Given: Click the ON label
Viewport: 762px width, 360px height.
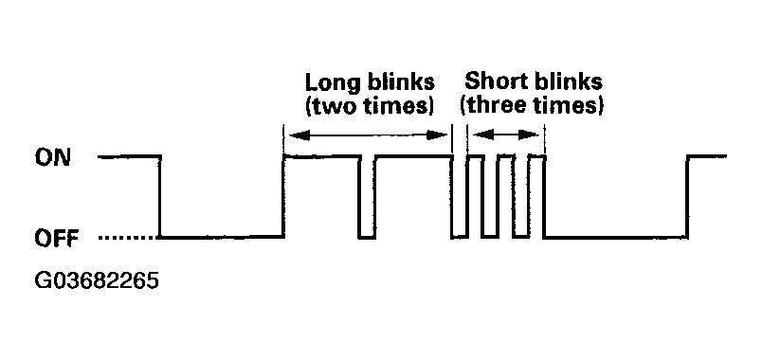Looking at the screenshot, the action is click(x=53, y=157).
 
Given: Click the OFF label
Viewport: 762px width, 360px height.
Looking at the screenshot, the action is click(x=56, y=239).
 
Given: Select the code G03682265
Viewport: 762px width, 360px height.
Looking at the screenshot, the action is click(x=98, y=280).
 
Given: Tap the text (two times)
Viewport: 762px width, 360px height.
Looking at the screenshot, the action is click(x=370, y=107).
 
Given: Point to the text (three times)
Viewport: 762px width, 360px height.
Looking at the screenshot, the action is click(x=532, y=106).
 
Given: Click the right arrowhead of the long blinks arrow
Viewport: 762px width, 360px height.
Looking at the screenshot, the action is click(x=437, y=135).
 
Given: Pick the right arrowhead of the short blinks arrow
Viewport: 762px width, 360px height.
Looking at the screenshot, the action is click(x=529, y=135).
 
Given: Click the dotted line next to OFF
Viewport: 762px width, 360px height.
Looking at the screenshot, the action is click(x=128, y=238).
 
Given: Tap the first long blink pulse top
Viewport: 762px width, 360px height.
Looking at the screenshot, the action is click(x=321, y=156).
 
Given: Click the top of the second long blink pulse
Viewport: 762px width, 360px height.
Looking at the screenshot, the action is click(x=413, y=156).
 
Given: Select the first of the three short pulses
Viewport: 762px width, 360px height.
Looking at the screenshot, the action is click(x=475, y=157).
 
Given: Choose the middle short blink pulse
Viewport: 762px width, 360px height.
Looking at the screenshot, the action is click(x=505, y=157).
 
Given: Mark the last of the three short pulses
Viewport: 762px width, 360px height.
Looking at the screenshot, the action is click(x=536, y=157).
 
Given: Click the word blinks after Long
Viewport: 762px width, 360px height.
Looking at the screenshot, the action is click(x=398, y=82).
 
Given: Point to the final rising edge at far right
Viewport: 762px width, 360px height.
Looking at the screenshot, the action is click(x=687, y=197).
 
